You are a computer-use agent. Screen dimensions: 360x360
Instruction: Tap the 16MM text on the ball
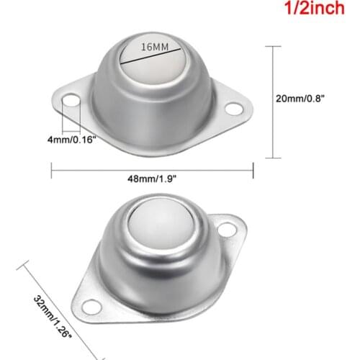155,47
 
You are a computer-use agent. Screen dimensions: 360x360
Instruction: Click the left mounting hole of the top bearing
71,102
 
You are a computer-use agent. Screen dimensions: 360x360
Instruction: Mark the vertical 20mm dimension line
272,101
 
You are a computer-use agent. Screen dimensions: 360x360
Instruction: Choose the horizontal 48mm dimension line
152,171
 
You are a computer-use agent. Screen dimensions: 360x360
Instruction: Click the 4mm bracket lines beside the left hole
69,115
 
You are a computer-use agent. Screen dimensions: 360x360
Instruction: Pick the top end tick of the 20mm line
272,45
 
